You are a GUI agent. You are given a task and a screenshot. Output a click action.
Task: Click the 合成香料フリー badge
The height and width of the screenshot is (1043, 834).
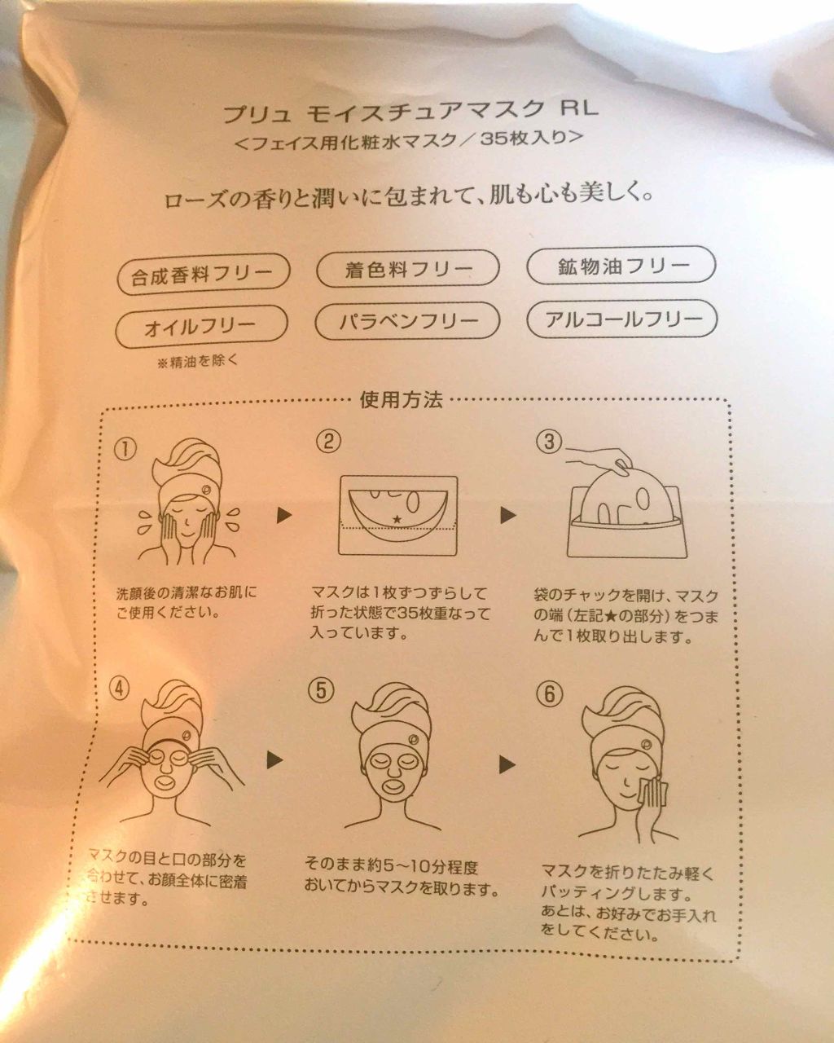point(204,275)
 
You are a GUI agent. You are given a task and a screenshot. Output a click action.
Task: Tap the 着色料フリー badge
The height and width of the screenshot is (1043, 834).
point(407,269)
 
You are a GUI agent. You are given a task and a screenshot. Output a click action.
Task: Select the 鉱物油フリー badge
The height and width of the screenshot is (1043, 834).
point(621,265)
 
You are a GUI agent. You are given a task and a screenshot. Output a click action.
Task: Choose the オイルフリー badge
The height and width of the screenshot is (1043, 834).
point(202,327)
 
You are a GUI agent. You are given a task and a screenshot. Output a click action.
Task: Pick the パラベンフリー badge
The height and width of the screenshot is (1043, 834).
point(407,320)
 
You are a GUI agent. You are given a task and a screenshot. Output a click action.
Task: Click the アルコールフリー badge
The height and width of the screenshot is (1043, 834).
point(621,318)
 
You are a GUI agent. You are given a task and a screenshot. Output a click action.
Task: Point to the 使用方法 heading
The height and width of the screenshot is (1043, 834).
point(402,400)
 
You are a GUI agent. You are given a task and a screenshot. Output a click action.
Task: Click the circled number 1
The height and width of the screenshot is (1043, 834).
point(125,451)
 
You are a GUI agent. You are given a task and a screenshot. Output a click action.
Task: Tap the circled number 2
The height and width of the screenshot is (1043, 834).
point(328,441)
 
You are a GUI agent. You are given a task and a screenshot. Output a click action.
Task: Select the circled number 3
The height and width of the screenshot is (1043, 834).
point(549,442)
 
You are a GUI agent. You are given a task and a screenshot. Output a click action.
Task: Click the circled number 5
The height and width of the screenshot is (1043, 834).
point(321,690)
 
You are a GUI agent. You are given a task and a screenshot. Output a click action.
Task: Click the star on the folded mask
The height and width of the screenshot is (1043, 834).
point(397,518)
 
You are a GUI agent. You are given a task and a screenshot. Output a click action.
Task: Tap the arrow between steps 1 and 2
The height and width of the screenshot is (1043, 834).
point(284,515)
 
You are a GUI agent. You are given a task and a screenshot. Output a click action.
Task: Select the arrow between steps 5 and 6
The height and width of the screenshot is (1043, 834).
point(508,764)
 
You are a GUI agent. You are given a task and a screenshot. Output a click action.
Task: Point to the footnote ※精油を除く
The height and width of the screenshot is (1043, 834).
point(198,362)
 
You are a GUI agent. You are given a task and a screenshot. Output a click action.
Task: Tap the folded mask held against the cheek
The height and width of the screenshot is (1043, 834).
point(655,794)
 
